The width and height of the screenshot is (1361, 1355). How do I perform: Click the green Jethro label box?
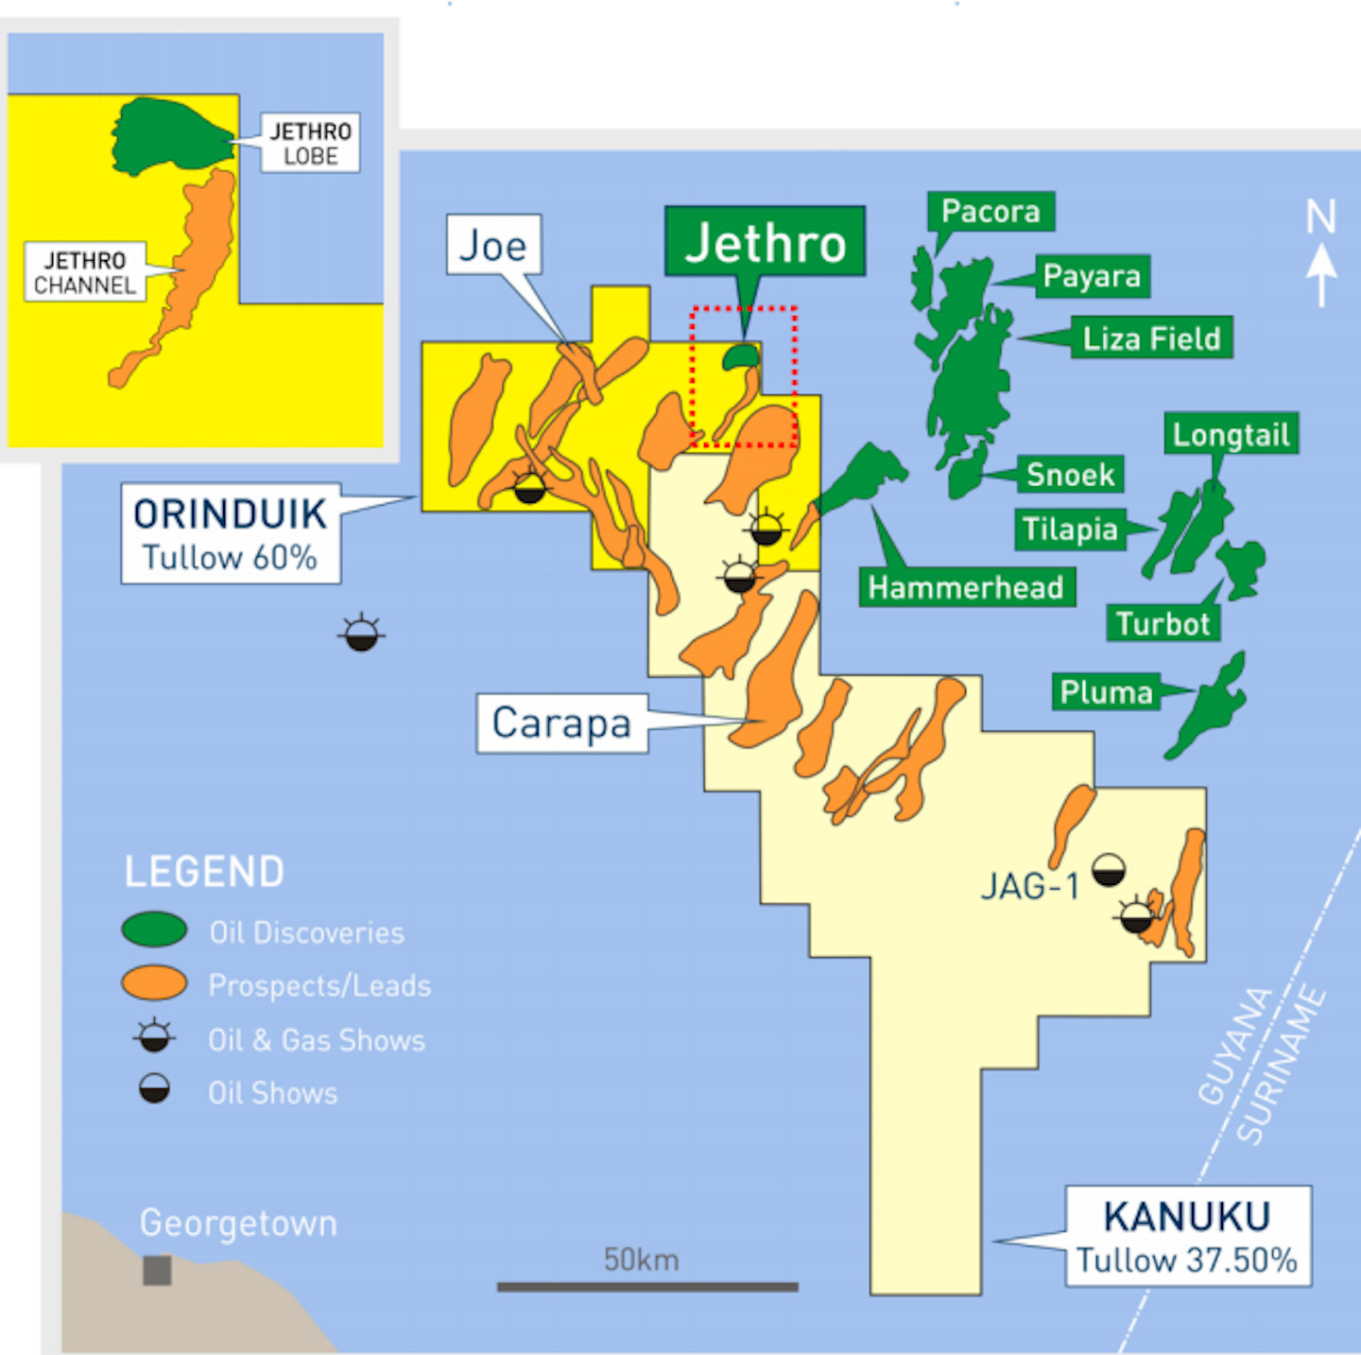pos(765,242)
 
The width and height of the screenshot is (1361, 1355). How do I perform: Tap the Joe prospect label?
pos(493,245)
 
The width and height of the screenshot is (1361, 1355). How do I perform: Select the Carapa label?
pos(561,723)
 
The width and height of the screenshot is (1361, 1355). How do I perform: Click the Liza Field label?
pos(1151,338)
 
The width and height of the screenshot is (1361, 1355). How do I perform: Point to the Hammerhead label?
pos(965,587)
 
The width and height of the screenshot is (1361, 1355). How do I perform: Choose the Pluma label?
pos(1106,692)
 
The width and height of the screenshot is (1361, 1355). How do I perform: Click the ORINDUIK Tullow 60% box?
pos(231,534)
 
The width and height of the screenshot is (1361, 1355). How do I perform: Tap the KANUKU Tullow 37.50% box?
pos(1188,1236)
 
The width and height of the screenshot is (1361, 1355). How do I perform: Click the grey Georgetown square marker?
pos(157,1270)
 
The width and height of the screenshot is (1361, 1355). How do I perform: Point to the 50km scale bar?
pos(647,1286)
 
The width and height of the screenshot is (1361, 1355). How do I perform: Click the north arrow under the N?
pos(1321,273)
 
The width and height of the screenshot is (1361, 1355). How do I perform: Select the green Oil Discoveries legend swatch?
pos(154,929)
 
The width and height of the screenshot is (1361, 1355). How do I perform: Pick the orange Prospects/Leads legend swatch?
pos(154,983)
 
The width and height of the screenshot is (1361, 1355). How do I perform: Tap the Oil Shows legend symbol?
pos(154,1089)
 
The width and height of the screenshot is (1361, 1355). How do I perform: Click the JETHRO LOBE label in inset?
pos(310,143)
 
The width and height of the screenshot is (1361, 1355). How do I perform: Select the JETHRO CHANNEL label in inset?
pos(85,271)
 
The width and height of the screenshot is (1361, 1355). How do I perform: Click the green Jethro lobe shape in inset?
pos(165,135)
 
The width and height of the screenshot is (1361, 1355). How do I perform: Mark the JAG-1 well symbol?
pos(1109,870)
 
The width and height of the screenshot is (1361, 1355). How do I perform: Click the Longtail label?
pos(1231,434)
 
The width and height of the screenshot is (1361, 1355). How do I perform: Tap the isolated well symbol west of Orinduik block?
pos(361,634)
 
